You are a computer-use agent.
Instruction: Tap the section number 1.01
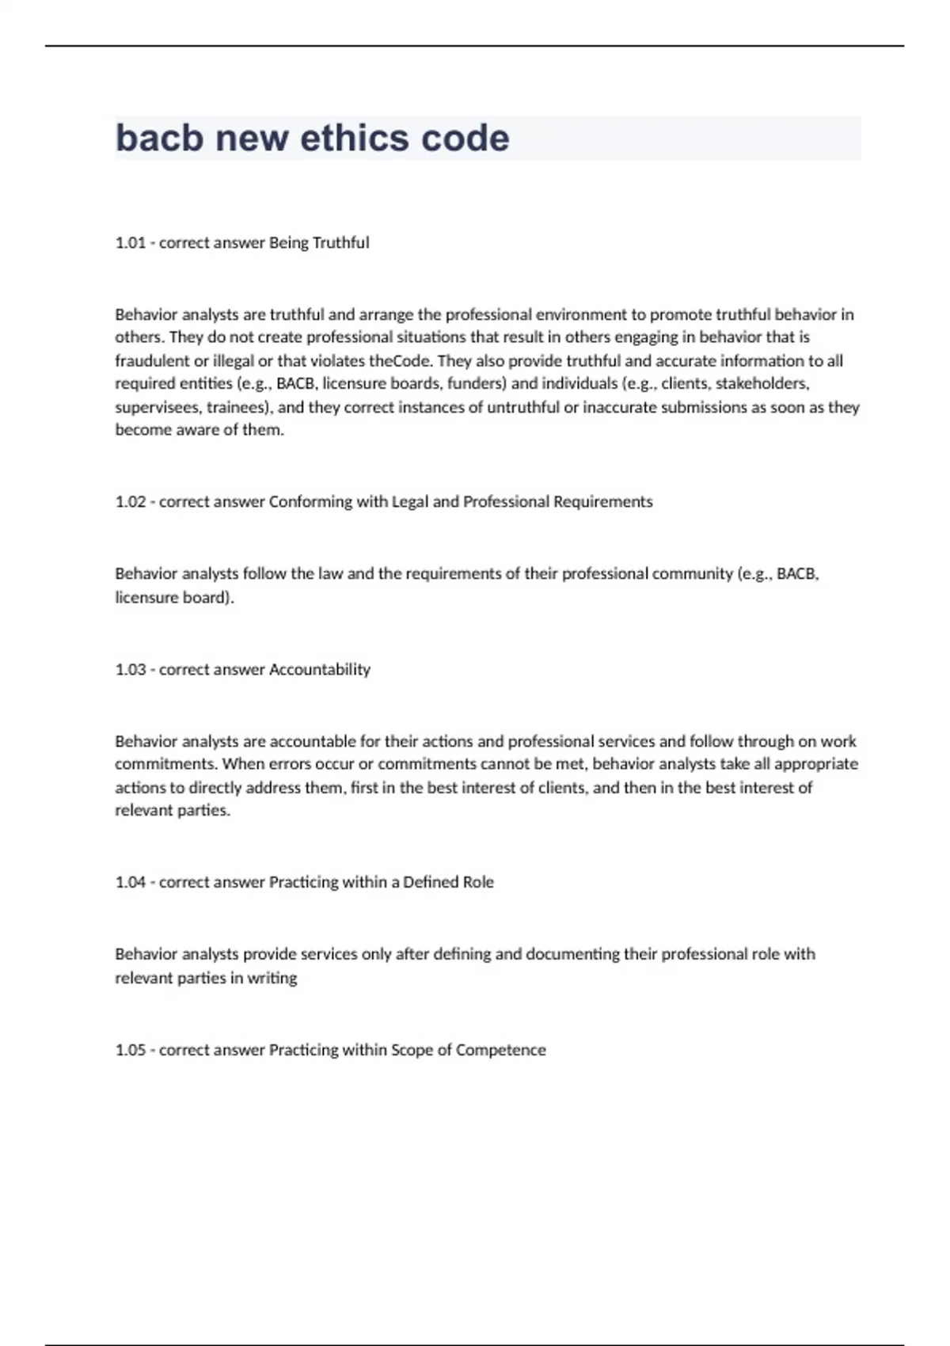(131, 243)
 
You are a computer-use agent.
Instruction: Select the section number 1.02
(131, 502)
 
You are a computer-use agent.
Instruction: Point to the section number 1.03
(131, 670)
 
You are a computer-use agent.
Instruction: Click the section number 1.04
(131, 883)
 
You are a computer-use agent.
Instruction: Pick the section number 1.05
(131, 1051)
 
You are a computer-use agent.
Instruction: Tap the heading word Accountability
(320, 670)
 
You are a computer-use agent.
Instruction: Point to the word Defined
(432, 883)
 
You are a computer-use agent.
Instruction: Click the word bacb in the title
(161, 138)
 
